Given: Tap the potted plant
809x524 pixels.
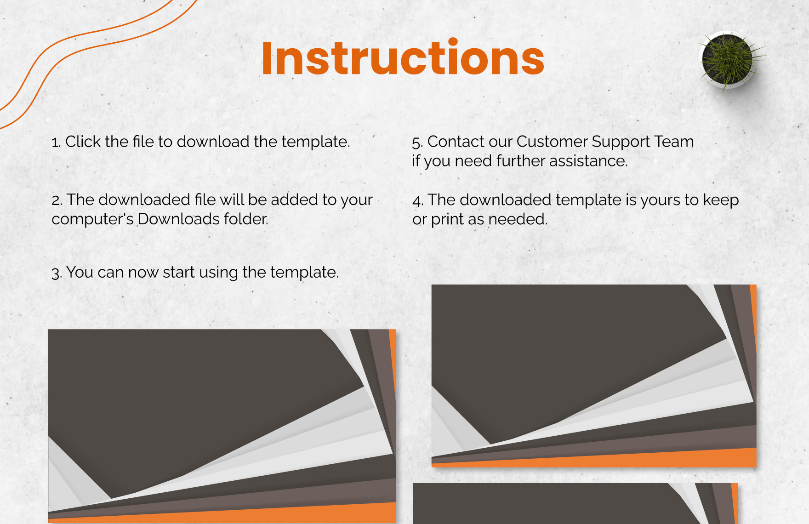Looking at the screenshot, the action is click(x=730, y=60).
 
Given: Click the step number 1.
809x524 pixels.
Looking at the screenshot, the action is click(x=56, y=142).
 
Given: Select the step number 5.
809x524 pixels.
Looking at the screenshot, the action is click(x=417, y=142).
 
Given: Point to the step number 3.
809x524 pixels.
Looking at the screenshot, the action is click(x=56, y=273).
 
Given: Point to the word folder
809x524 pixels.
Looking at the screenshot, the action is click(x=246, y=219).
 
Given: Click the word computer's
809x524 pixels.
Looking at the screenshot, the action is click(x=92, y=219).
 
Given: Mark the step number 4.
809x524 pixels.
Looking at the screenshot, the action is click(x=418, y=200).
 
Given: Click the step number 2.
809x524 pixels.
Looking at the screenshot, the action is click(x=57, y=200).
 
